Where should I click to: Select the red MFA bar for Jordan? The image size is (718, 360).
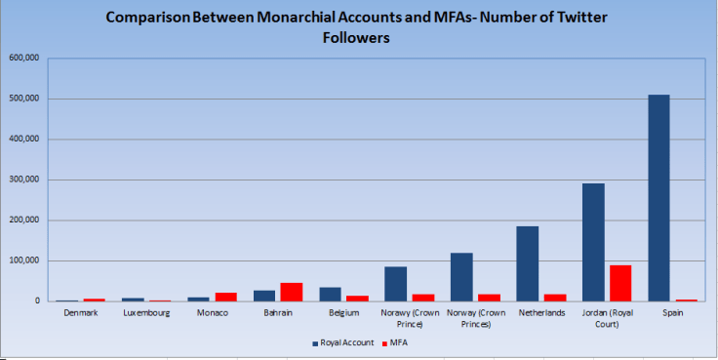(x=619, y=283)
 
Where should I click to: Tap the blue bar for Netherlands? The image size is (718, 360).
(x=527, y=263)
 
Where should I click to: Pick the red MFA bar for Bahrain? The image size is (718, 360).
(x=291, y=292)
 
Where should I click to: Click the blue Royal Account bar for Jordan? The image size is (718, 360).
(x=593, y=242)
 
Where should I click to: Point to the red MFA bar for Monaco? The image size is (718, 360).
(x=225, y=297)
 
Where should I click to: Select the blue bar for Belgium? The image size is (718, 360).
(x=331, y=294)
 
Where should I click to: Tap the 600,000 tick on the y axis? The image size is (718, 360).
(x=23, y=58)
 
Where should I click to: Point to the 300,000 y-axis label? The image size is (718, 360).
(x=23, y=180)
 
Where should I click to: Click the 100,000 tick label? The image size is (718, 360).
(x=23, y=260)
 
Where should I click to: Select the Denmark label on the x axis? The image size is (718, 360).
(x=80, y=313)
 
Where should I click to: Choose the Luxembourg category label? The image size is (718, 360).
(x=145, y=313)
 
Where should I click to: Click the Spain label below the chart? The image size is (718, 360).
(x=672, y=313)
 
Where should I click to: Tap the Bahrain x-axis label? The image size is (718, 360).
(x=277, y=313)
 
